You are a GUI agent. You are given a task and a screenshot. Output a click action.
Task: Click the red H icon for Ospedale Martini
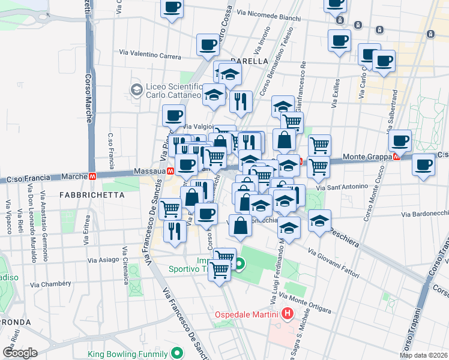coord(288,314)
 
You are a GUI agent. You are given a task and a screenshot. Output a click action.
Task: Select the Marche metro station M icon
coord(92,177)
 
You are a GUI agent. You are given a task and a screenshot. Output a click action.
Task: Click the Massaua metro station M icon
coord(171,170)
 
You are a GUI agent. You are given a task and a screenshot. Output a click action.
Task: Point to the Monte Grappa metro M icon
coord(396,157)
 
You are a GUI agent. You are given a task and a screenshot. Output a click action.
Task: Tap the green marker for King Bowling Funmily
coord(176,353)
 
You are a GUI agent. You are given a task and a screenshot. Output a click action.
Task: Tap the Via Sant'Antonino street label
coord(342,187)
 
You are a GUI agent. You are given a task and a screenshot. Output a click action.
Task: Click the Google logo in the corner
coord(20,352)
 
